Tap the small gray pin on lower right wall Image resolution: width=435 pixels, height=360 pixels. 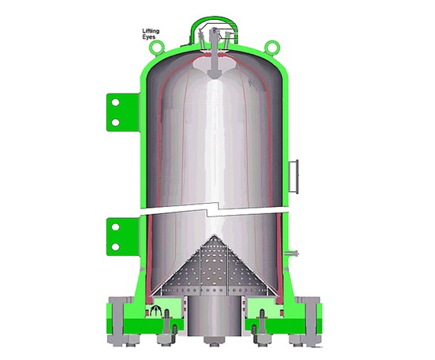[295, 253]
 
